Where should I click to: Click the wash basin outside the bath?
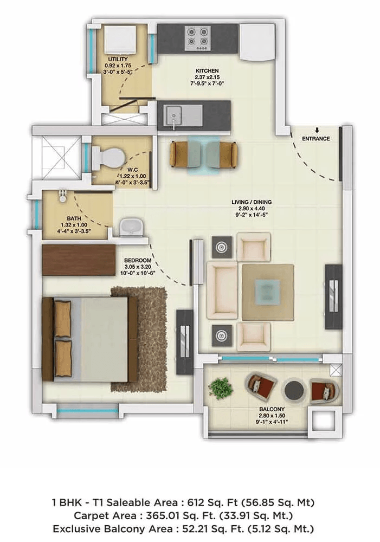(x=130, y=227)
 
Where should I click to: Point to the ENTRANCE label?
(x=316, y=139)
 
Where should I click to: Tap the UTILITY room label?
(x=118, y=59)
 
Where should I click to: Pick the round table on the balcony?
(x=294, y=389)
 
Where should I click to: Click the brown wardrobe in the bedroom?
(x=79, y=256)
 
